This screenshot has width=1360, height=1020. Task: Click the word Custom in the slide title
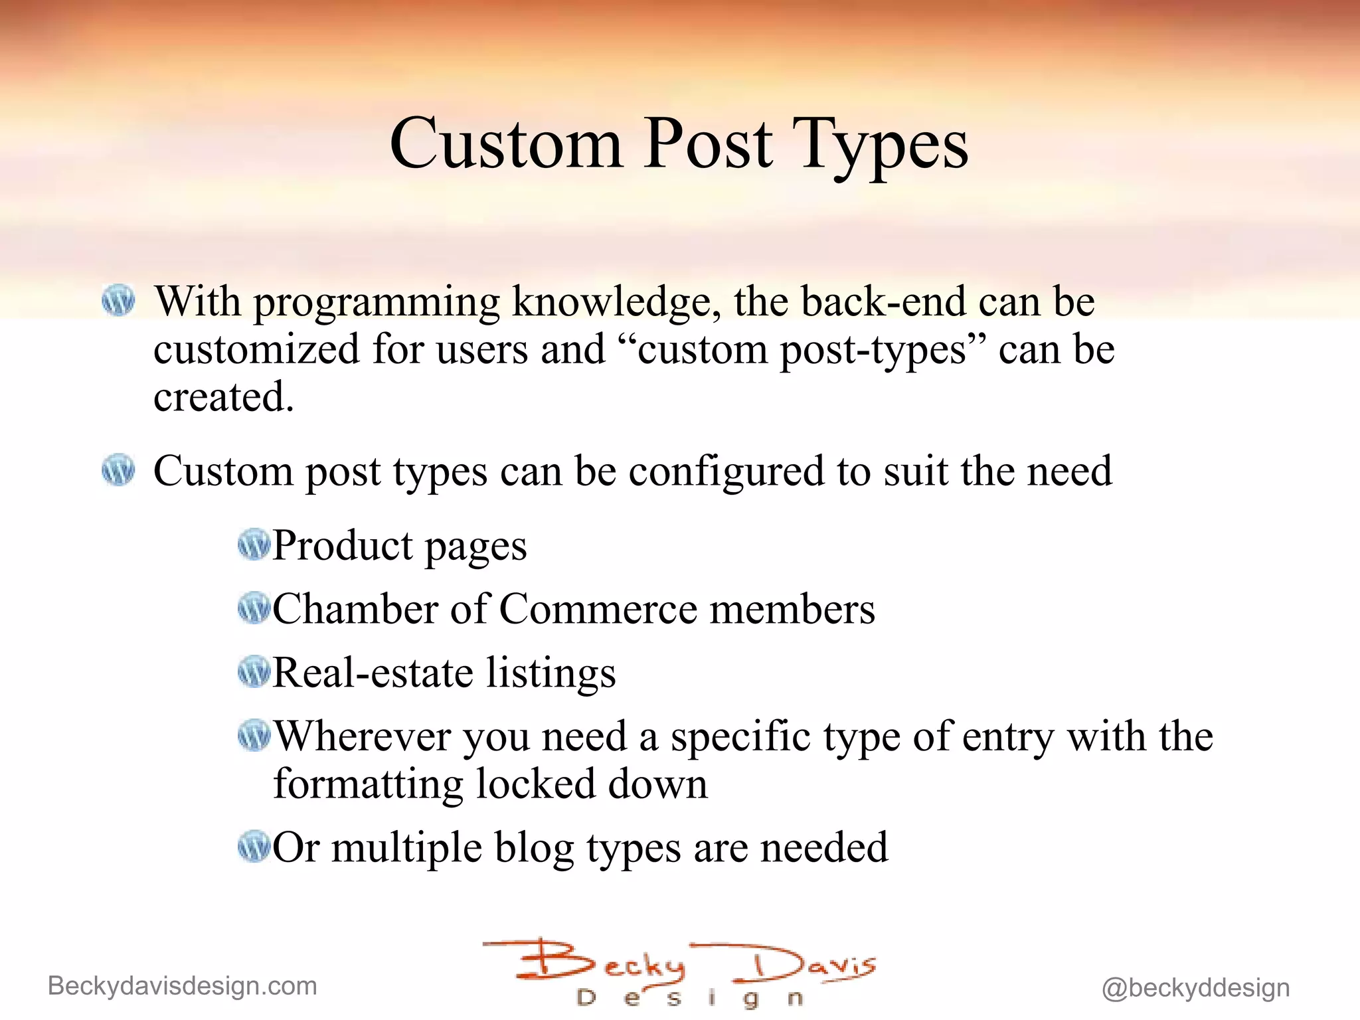506,144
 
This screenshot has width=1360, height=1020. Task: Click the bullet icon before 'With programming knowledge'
119,301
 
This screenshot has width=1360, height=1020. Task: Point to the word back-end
884,301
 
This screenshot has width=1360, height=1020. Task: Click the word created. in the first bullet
223,397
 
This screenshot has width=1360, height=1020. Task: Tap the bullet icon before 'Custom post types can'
119,470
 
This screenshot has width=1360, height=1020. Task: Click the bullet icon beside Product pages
254,545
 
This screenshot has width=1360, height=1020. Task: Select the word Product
343,546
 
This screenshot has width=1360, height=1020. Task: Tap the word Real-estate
373,673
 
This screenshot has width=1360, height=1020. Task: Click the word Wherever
363,736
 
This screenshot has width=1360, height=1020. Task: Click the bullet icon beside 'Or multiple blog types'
254,847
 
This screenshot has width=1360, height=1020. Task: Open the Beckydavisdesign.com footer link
183,986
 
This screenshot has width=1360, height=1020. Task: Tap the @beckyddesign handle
1195,988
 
